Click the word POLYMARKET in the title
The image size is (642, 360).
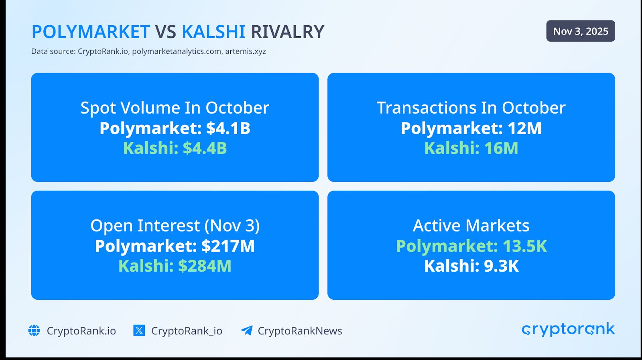coord(91,32)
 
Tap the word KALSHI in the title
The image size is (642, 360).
coord(213,32)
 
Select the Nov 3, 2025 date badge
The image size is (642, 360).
coord(580,31)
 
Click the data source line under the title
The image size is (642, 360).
coord(148,51)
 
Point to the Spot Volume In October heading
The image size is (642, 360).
coord(175,108)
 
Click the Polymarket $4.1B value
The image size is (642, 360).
coord(175,128)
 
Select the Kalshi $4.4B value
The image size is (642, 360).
coord(175,148)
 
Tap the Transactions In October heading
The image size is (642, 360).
coord(471,108)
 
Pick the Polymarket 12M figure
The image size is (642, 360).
coord(471,128)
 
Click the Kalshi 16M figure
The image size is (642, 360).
coord(471,148)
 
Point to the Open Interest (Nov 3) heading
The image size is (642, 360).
coord(175,226)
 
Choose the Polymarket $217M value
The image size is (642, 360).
coord(175,246)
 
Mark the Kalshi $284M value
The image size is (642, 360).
coord(175,266)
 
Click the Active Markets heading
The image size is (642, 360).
coord(471,226)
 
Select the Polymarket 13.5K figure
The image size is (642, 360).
coord(471,246)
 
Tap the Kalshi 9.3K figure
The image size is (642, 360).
coord(471,266)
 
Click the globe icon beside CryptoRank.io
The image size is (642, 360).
coord(34,331)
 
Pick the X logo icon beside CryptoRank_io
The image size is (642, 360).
coord(139,331)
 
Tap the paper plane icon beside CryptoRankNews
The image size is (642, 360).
coord(246,330)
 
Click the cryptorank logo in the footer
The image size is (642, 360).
coord(568,329)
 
